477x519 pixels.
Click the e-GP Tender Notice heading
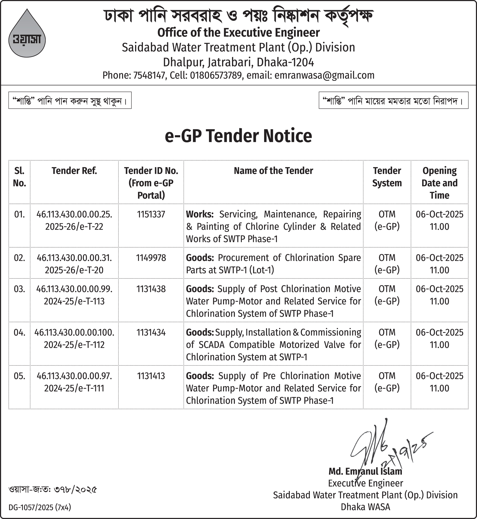pyautogui.click(x=238, y=136)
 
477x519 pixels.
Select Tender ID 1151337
pyautogui.click(x=151, y=214)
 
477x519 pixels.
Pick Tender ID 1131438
pyautogui.click(x=151, y=289)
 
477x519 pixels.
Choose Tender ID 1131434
pyautogui.click(x=151, y=333)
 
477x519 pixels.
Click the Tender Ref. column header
pyautogui.click(x=74, y=171)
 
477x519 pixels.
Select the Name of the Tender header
pyautogui.click(x=273, y=171)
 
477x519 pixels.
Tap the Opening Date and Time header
pyautogui.click(x=439, y=183)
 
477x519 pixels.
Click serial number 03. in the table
pyautogui.click(x=19, y=289)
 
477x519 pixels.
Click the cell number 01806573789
pyautogui.click(x=216, y=75)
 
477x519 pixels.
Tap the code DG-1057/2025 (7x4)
pyautogui.click(x=40, y=507)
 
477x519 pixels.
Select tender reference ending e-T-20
pyautogui.click(x=74, y=270)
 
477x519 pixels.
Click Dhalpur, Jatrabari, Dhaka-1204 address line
pyautogui.click(x=238, y=62)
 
